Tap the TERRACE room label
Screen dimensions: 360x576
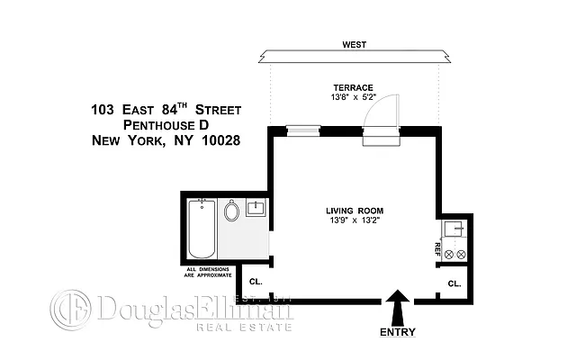coord(353,86)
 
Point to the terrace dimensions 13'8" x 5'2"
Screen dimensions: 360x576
coord(353,96)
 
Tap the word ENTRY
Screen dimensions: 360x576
coord(397,331)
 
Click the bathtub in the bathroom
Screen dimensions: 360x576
coord(199,230)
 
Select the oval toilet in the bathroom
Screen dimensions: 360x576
coord(231,212)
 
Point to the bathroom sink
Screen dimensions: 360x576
coord(254,210)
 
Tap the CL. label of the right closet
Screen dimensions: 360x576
coord(454,283)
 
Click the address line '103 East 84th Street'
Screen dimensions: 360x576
coord(166,110)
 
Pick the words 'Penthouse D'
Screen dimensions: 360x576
coord(166,125)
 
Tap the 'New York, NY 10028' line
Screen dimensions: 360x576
coord(166,140)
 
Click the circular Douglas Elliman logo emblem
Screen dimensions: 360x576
coord(68,310)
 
